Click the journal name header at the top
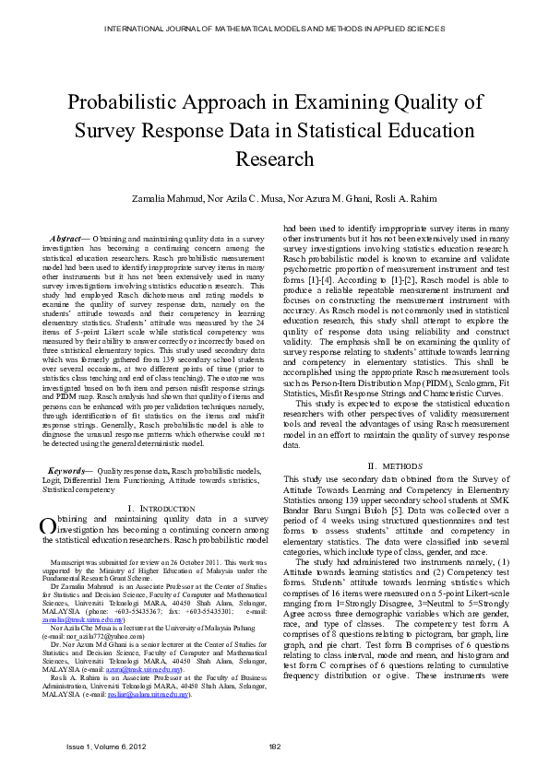coord(274,29)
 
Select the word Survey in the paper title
coord(133,131)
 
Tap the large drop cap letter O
coord(49,525)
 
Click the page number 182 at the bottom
coord(274,747)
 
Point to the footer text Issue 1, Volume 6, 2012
coord(106,747)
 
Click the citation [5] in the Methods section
coord(370,509)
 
